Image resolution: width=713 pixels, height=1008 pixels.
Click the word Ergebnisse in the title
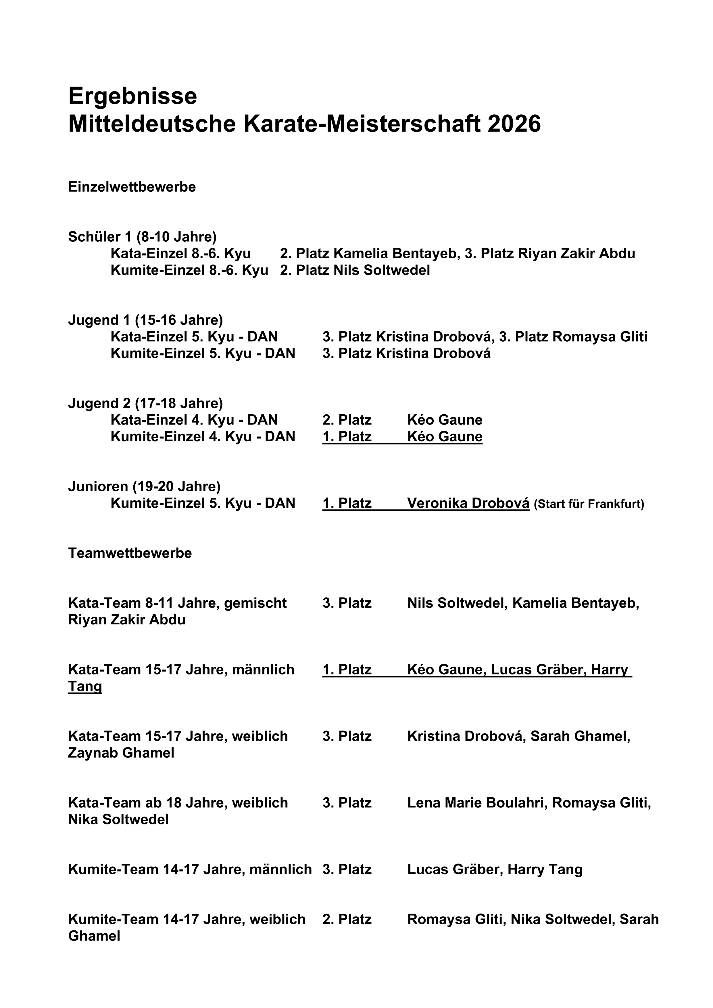click(132, 97)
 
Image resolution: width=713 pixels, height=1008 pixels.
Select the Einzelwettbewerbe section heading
click(132, 187)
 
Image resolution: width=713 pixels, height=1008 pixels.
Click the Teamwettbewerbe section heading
click(130, 553)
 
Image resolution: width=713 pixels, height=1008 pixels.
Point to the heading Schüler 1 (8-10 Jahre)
click(142, 237)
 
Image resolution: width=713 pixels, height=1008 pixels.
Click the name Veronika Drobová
click(468, 503)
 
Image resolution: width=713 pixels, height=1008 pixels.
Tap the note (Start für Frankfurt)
click(589, 504)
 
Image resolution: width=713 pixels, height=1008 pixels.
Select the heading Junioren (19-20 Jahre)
click(144, 486)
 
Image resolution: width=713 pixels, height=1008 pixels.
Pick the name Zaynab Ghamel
click(121, 753)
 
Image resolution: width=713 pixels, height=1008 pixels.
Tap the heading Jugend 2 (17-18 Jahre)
click(145, 403)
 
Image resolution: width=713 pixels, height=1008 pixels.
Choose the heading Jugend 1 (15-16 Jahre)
click(145, 320)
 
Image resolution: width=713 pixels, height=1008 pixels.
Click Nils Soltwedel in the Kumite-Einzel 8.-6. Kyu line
click(382, 270)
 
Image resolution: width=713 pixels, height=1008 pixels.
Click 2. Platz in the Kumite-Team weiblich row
click(347, 919)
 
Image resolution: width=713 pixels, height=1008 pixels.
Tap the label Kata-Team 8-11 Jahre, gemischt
click(177, 603)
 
